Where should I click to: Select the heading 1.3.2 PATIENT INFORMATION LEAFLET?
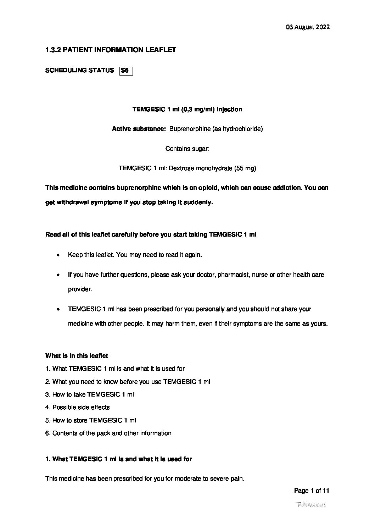(111, 50)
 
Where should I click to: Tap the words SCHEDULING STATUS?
(79, 71)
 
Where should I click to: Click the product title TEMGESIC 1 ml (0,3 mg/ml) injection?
(187, 109)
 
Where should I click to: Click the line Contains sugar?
(187, 149)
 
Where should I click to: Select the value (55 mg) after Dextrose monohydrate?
(245, 168)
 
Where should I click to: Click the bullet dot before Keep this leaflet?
(58, 255)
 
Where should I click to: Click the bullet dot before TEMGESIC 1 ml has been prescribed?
(58, 309)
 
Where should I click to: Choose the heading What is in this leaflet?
(77, 356)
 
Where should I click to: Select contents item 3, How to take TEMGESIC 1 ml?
(90, 394)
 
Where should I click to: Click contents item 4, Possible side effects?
(78, 407)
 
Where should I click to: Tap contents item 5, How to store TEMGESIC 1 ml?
(91, 420)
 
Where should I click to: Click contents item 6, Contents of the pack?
(108, 433)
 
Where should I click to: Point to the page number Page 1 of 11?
(312, 491)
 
